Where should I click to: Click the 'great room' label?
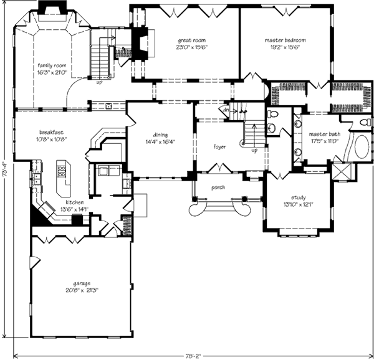191,40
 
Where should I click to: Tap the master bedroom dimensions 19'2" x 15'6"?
285,47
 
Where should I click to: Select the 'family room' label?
52,65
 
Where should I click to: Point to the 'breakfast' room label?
51,133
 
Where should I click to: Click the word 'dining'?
160,135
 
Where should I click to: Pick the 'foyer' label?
219,147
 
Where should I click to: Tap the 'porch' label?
218,187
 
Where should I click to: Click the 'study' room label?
298,197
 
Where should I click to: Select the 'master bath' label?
324,134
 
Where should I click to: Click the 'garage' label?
82,284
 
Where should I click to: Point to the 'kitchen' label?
75,202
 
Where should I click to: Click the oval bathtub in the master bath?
362,146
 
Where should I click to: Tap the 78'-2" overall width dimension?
193,356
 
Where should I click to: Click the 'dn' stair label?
226,110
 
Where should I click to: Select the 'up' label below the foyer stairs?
254,151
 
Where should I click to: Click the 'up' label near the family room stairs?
99,83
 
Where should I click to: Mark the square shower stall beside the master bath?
342,171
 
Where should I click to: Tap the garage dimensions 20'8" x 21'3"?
82,290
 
